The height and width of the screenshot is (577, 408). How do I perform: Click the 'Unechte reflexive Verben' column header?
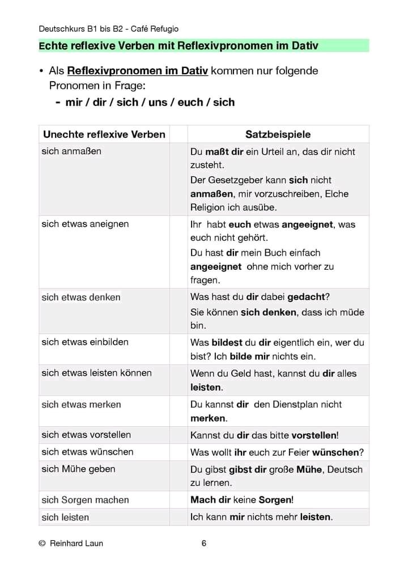click(104, 134)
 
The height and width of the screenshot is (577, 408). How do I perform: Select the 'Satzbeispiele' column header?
click(278, 134)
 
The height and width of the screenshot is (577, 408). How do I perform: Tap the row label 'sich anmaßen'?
click(71, 151)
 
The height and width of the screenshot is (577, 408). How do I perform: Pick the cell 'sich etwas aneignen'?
click(85, 224)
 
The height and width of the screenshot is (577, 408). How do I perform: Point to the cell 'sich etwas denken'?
click(81, 297)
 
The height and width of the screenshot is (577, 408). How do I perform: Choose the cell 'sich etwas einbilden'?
click(85, 342)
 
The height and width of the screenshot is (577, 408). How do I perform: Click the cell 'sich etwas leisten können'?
click(96, 373)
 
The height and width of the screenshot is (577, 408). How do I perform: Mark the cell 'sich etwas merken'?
click(81, 404)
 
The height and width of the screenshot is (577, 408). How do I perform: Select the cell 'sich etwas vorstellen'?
click(86, 435)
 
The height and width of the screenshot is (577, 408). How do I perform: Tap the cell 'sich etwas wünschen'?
click(87, 452)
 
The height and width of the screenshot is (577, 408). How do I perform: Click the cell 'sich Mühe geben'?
click(78, 469)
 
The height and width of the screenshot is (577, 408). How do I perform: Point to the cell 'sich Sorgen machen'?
click(85, 500)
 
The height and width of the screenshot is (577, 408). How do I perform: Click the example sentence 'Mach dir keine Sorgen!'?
click(242, 500)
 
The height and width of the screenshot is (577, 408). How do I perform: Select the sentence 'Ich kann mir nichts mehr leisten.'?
click(261, 517)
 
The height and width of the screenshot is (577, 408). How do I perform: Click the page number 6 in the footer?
click(204, 544)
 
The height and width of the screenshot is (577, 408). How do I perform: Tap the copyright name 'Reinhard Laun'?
click(76, 544)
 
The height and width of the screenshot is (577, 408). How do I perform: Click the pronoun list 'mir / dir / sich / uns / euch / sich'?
click(150, 103)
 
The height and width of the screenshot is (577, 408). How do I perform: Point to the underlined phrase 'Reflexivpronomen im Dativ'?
click(138, 71)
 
